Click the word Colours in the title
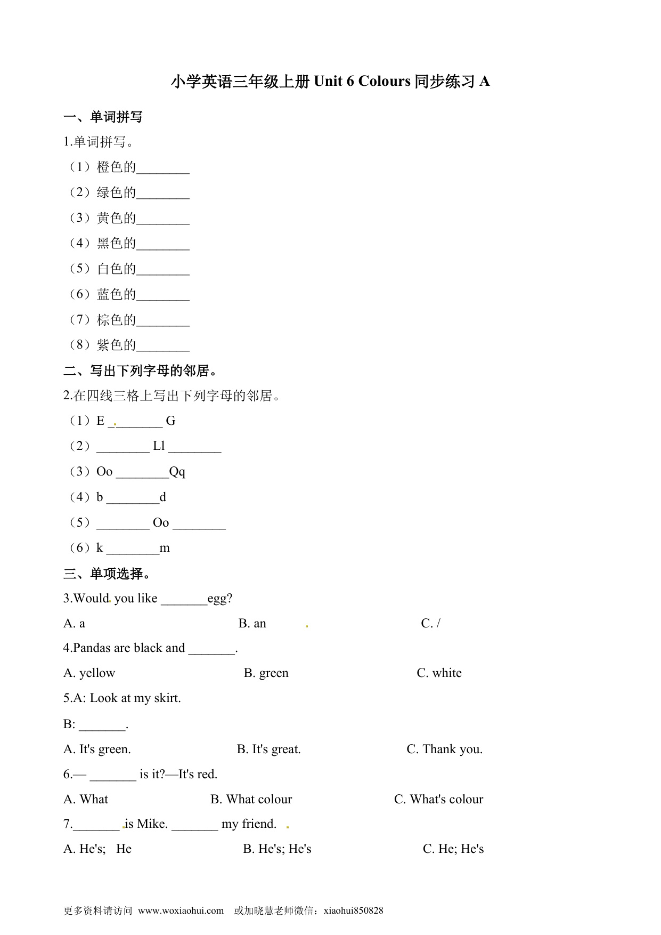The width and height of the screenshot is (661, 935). click(x=384, y=82)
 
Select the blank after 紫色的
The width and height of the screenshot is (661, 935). click(x=163, y=347)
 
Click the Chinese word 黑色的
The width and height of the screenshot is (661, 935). click(x=117, y=244)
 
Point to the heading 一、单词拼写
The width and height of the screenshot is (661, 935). click(x=103, y=117)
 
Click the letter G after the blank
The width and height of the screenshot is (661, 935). click(x=170, y=421)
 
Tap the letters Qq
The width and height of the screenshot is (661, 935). click(x=177, y=472)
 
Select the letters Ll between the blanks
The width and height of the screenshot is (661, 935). click(x=159, y=446)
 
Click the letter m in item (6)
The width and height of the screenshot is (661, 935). click(x=165, y=548)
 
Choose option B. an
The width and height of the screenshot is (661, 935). click(x=252, y=624)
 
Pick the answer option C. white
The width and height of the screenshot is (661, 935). click(x=439, y=673)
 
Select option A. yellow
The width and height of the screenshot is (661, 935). click(x=89, y=673)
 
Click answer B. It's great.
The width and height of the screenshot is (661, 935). click(x=268, y=749)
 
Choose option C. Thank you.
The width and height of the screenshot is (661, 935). click(x=444, y=749)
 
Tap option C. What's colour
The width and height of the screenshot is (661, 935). click(x=438, y=800)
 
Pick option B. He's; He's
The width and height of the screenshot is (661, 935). click(x=277, y=849)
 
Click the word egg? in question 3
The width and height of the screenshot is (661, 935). click(x=220, y=599)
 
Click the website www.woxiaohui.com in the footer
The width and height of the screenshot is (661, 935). click(x=181, y=910)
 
